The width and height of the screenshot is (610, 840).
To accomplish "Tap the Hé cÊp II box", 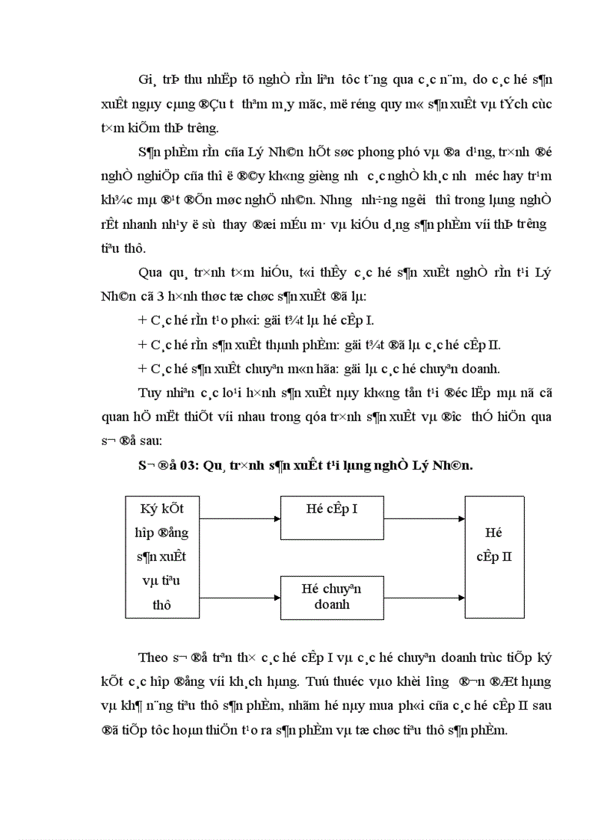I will (493, 557).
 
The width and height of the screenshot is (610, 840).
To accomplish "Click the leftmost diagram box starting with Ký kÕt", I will (162, 557).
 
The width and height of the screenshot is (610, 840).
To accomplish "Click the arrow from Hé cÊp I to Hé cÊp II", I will (424, 517).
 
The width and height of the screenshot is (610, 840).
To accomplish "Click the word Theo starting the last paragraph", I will (153, 658).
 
